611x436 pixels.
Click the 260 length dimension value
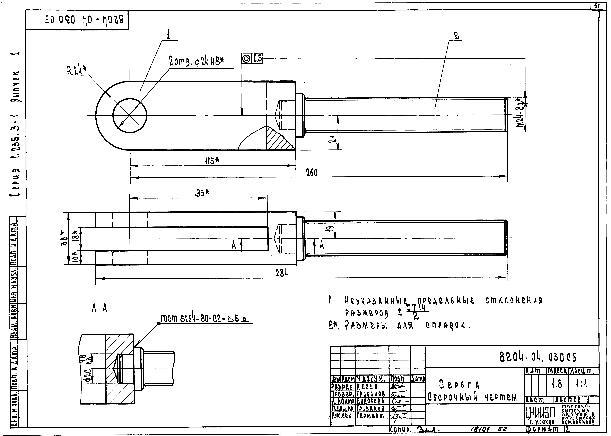pyautogui.click(x=312, y=173)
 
